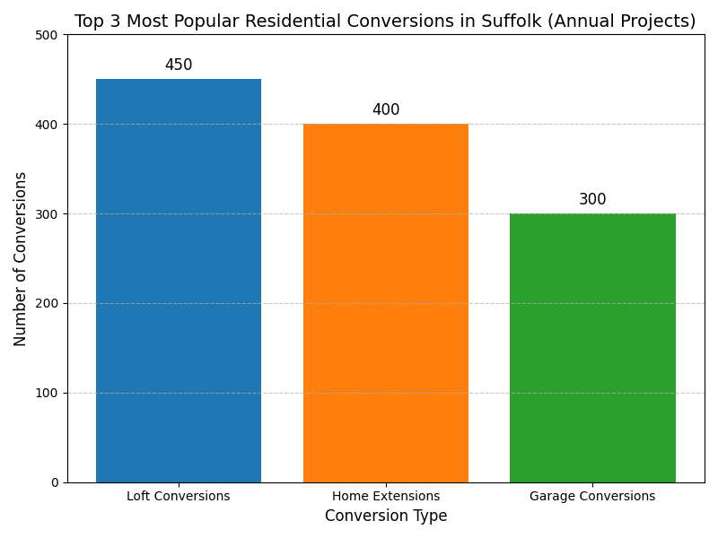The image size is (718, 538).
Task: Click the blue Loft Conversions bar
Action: [x=179, y=281]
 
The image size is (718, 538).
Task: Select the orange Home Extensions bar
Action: [x=386, y=303]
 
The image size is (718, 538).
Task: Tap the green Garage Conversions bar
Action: [x=592, y=348]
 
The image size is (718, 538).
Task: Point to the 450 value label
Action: [x=179, y=65]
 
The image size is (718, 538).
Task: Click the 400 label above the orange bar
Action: [x=386, y=110]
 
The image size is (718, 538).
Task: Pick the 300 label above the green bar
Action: [x=592, y=200]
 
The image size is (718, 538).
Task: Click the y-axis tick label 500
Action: [x=48, y=35]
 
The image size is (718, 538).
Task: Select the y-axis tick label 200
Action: [x=48, y=303]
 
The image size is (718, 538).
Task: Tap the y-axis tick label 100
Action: [x=48, y=393]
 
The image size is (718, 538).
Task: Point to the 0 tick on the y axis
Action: [x=55, y=482]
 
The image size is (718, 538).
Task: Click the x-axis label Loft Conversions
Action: [x=179, y=496]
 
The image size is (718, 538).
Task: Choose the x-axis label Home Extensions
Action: [x=386, y=496]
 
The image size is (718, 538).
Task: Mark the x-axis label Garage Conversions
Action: [x=592, y=496]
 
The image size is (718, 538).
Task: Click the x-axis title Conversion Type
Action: [x=386, y=516]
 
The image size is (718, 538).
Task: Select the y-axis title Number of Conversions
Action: [x=21, y=258]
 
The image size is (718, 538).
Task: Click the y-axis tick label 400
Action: [x=48, y=125]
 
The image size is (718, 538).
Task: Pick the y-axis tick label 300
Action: [x=48, y=213]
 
